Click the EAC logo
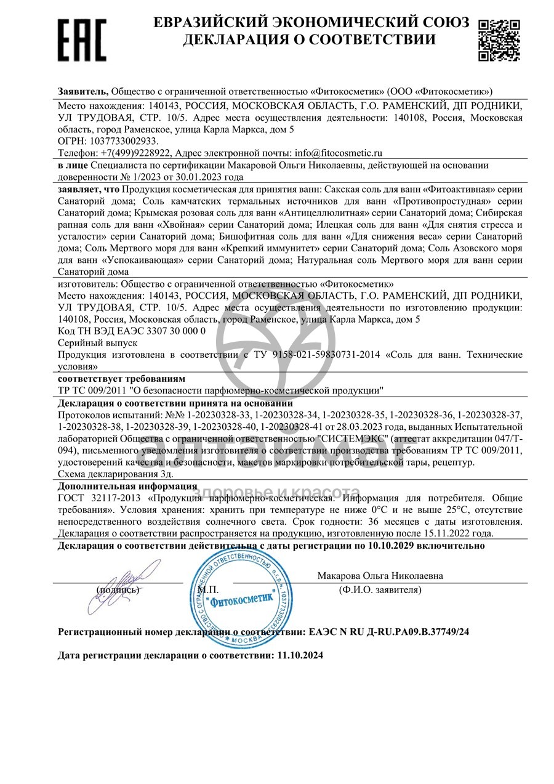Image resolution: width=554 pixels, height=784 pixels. point(81,39)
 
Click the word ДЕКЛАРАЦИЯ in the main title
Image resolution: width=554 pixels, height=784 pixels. point(236,40)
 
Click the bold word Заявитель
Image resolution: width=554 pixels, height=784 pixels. point(82,91)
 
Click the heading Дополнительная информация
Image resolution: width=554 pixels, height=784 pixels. point(127,487)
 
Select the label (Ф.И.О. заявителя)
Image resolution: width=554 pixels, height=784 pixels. point(380,589)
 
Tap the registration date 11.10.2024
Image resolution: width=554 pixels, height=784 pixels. point(300,656)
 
